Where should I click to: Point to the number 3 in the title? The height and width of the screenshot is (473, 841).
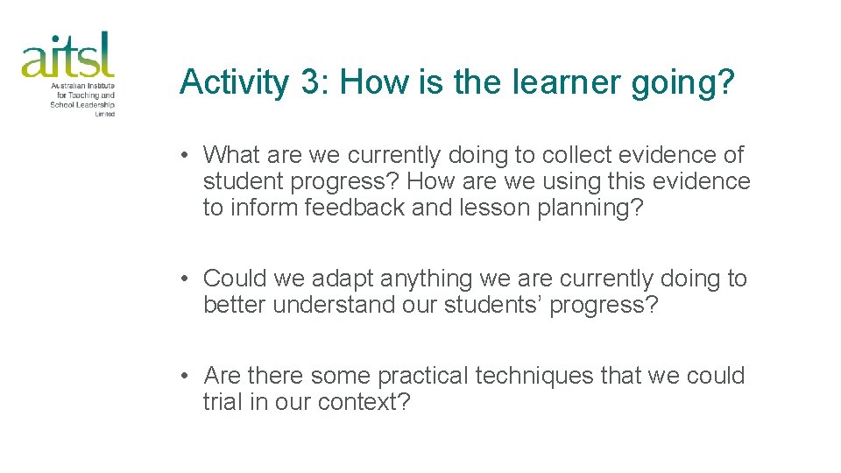(x=310, y=83)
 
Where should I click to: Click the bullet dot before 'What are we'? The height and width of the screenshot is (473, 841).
(x=186, y=156)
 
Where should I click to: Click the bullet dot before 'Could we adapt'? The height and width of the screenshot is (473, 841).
(x=186, y=279)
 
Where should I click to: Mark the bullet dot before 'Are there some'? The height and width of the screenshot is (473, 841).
(x=186, y=377)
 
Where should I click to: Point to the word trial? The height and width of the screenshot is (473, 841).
(x=223, y=402)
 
